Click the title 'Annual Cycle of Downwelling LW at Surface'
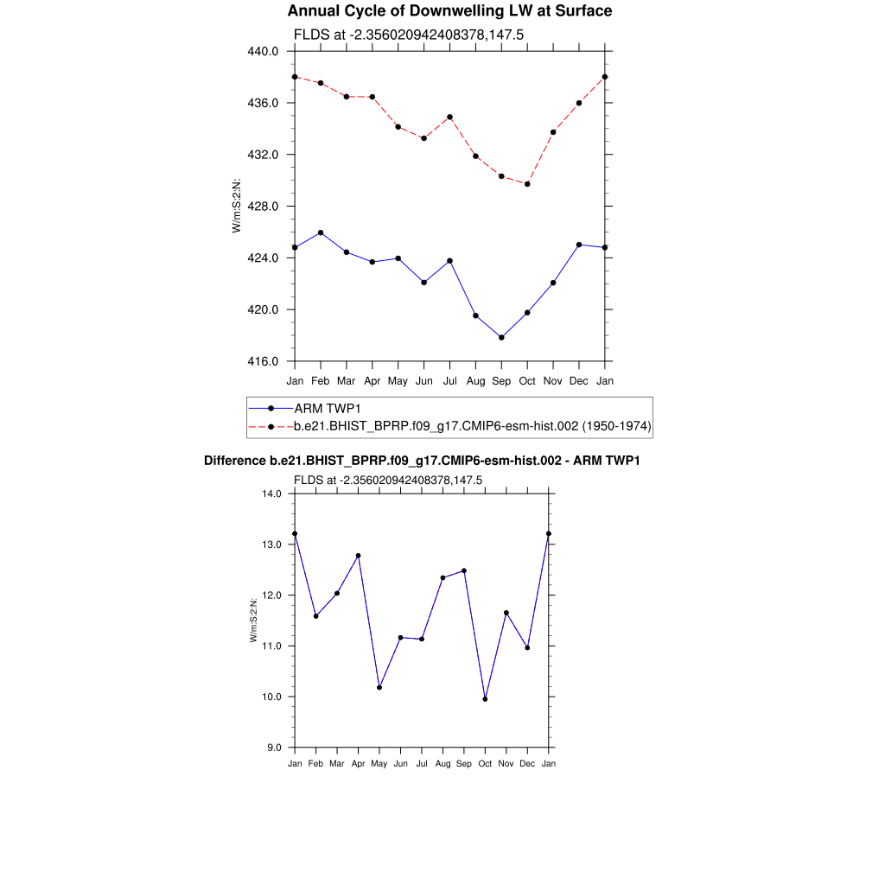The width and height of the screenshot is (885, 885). click(x=449, y=11)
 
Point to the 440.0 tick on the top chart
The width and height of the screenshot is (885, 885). click(x=264, y=51)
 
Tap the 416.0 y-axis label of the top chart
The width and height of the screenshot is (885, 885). click(x=264, y=361)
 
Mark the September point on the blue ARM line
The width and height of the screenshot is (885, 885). click(x=501, y=337)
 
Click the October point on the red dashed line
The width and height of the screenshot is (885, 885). click(x=527, y=184)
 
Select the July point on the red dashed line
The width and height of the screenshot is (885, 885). click(x=450, y=117)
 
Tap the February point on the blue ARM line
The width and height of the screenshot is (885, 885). click(x=321, y=232)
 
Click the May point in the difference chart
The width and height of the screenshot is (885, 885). click(x=379, y=687)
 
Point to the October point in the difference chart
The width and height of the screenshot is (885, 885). click(x=485, y=699)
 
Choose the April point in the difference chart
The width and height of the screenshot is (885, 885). click(x=358, y=556)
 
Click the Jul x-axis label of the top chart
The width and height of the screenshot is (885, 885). click(x=450, y=380)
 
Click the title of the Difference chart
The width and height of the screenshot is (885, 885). click(x=422, y=461)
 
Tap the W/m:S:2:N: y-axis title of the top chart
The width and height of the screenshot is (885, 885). click(x=236, y=206)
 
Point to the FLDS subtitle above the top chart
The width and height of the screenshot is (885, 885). click(x=409, y=35)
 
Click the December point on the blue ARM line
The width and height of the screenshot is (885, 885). click(x=579, y=245)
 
